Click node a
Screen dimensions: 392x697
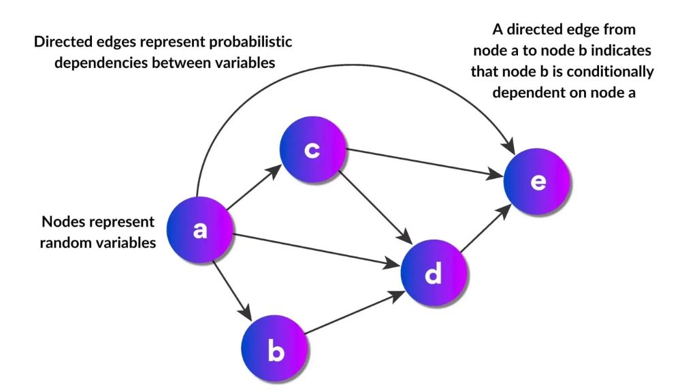click(199, 230)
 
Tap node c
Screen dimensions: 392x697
click(312, 150)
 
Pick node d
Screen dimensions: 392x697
click(434, 274)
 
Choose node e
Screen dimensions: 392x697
click(537, 182)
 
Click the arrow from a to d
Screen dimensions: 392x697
click(313, 248)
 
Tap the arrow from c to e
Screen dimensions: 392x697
click(422, 164)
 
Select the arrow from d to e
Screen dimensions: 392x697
click(485, 230)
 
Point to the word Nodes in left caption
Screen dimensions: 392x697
click(63, 222)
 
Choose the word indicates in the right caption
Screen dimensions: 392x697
click(623, 51)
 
